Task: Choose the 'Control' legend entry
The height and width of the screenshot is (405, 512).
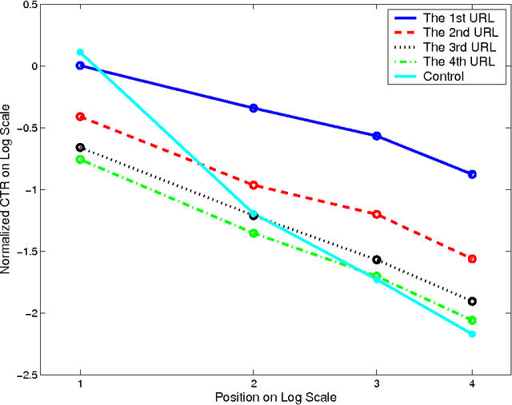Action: [443, 76]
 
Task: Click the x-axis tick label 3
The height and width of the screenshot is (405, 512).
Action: [376, 385]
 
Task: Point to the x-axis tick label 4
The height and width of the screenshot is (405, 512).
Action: [472, 385]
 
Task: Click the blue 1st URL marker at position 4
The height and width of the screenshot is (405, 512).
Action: [472, 174]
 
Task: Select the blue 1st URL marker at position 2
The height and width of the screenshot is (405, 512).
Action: [254, 108]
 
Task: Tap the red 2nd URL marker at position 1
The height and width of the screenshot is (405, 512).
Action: [80, 117]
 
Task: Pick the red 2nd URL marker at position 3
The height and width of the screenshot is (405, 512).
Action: [376, 214]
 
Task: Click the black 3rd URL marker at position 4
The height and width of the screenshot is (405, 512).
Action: [472, 301]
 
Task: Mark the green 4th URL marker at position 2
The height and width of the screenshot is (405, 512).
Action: [254, 233]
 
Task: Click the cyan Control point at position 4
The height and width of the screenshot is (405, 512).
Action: [472, 333]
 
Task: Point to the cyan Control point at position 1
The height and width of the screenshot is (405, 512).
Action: [80, 52]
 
